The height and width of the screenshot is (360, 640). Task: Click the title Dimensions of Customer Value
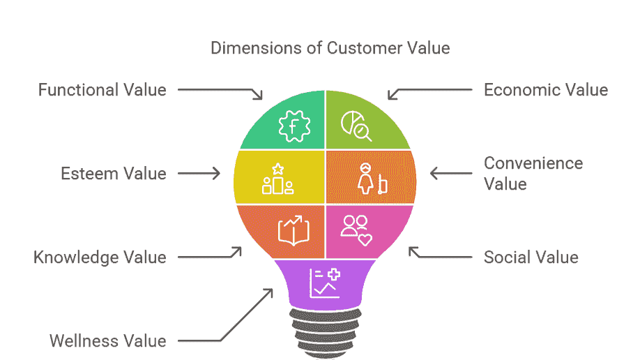tap(330, 48)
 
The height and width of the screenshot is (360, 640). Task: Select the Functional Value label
tap(102, 90)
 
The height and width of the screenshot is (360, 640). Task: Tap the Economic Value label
tap(546, 90)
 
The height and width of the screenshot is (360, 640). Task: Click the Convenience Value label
tap(533, 173)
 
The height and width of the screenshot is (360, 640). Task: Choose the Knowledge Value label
tap(100, 257)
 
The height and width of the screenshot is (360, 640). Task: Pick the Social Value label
tap(531, 257)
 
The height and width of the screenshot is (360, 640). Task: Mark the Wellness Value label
tap(107, 341)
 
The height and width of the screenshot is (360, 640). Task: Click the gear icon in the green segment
tap(293, 126)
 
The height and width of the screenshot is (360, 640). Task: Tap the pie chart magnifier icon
tap(356, 126)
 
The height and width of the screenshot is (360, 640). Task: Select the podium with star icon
tap(277, 179)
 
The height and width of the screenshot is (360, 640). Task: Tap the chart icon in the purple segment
tap(325, 283)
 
